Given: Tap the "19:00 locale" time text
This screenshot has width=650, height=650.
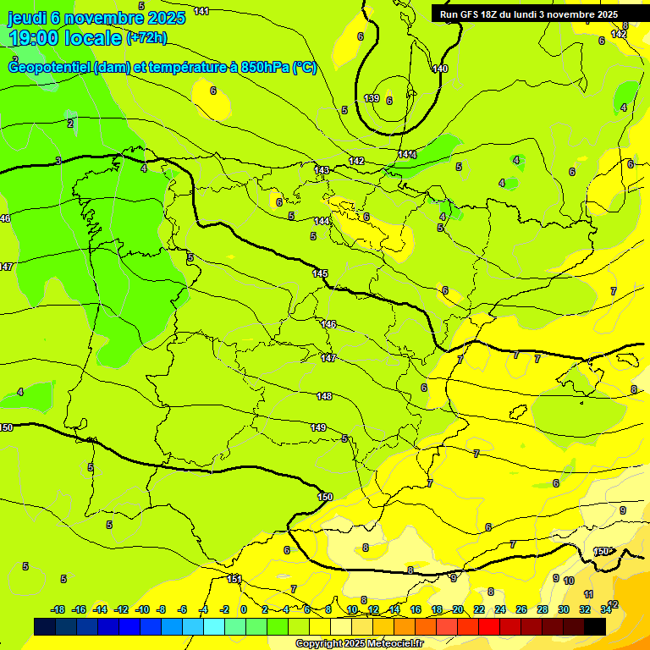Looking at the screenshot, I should click(64, 38).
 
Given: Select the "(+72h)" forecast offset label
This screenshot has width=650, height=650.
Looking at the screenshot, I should click(146, 37).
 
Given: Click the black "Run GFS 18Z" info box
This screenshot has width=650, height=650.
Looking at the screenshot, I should click(529, 14).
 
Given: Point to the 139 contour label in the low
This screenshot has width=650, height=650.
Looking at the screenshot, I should click(372, 99).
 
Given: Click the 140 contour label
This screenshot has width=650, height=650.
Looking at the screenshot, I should click(439, 69).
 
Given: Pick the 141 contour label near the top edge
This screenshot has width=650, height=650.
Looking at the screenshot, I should click(201, 11).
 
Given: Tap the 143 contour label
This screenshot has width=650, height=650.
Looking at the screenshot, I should click(322, 170).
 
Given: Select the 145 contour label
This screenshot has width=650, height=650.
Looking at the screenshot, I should click(320, 273).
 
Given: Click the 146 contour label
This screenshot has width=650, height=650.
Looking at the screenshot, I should click(328, 324).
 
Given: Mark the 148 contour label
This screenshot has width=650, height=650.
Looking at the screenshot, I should click(324, 396).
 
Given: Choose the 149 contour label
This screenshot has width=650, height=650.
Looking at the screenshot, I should click(318, 427).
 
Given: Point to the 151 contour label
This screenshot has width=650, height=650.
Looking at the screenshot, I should click(234, 579).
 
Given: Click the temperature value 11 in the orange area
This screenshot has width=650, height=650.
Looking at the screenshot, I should click(588, 594).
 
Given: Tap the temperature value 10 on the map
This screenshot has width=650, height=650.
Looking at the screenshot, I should click(569, 581).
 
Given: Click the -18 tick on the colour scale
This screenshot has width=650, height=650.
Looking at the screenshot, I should click(58, 609).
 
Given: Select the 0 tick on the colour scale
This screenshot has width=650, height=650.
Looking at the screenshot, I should click(243, 609).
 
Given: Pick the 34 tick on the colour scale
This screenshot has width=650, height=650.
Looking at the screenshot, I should click(606, 609).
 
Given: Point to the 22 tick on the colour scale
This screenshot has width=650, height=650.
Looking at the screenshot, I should click(479, 609).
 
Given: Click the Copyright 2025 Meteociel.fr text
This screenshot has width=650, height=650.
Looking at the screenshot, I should click(358, 643).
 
